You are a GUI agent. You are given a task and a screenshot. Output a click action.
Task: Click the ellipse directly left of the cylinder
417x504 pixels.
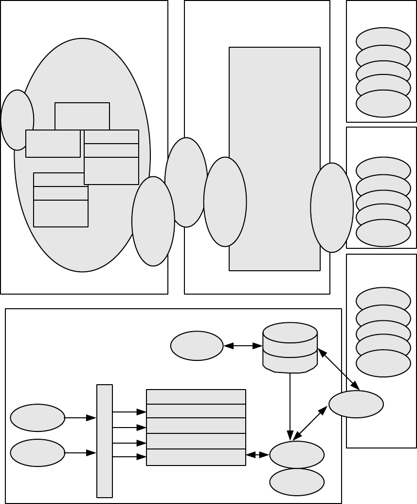pos(197,346)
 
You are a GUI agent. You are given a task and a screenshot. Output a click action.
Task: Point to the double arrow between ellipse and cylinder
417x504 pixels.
pos(243,346)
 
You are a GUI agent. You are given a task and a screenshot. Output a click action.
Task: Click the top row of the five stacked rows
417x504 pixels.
pos(196,397)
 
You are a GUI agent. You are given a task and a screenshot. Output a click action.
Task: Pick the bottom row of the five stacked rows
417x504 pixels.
pos(196,457)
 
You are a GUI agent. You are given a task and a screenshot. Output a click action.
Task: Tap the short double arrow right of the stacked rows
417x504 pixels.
pos(258,455)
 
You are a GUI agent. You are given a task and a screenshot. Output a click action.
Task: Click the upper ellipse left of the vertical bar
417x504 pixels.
pos(37,417)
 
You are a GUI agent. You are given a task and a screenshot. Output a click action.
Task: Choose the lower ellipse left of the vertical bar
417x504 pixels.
pos(37,453)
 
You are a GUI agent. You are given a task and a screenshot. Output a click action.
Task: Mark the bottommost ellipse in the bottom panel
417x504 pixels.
pos(297,482)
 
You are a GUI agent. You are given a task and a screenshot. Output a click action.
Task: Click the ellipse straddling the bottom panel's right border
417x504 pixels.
pos(356,404)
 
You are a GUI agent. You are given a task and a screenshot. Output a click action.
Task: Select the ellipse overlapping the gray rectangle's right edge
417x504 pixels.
pos(332,207)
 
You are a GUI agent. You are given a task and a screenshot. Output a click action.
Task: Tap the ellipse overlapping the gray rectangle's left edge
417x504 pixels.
pos(225,202)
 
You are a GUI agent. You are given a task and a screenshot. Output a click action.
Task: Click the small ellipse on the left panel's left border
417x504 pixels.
pos(18,120)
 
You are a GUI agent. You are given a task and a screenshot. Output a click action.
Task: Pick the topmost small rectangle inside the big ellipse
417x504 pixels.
pos(82,116)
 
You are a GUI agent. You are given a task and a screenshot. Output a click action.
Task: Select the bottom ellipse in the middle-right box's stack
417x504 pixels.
pos(383,233)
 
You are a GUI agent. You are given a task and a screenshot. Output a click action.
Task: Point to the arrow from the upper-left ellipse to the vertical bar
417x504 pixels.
pos(80,417)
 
